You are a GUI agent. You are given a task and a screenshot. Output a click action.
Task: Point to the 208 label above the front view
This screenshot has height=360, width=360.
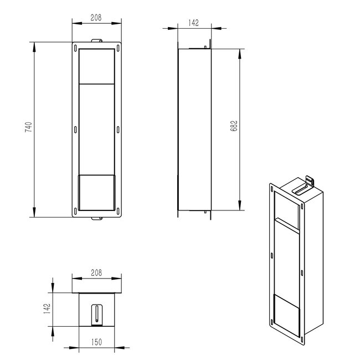(x=97, y=17)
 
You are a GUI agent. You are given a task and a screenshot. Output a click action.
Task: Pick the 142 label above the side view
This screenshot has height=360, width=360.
(x=193, y=23)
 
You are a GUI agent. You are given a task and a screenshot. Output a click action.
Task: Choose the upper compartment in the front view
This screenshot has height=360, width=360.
(x=97, y=65)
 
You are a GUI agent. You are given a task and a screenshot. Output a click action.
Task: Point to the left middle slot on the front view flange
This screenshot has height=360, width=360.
(x=76, y=130)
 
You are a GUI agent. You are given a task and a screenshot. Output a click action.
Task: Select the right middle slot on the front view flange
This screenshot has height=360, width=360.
(x=118, y=130)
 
